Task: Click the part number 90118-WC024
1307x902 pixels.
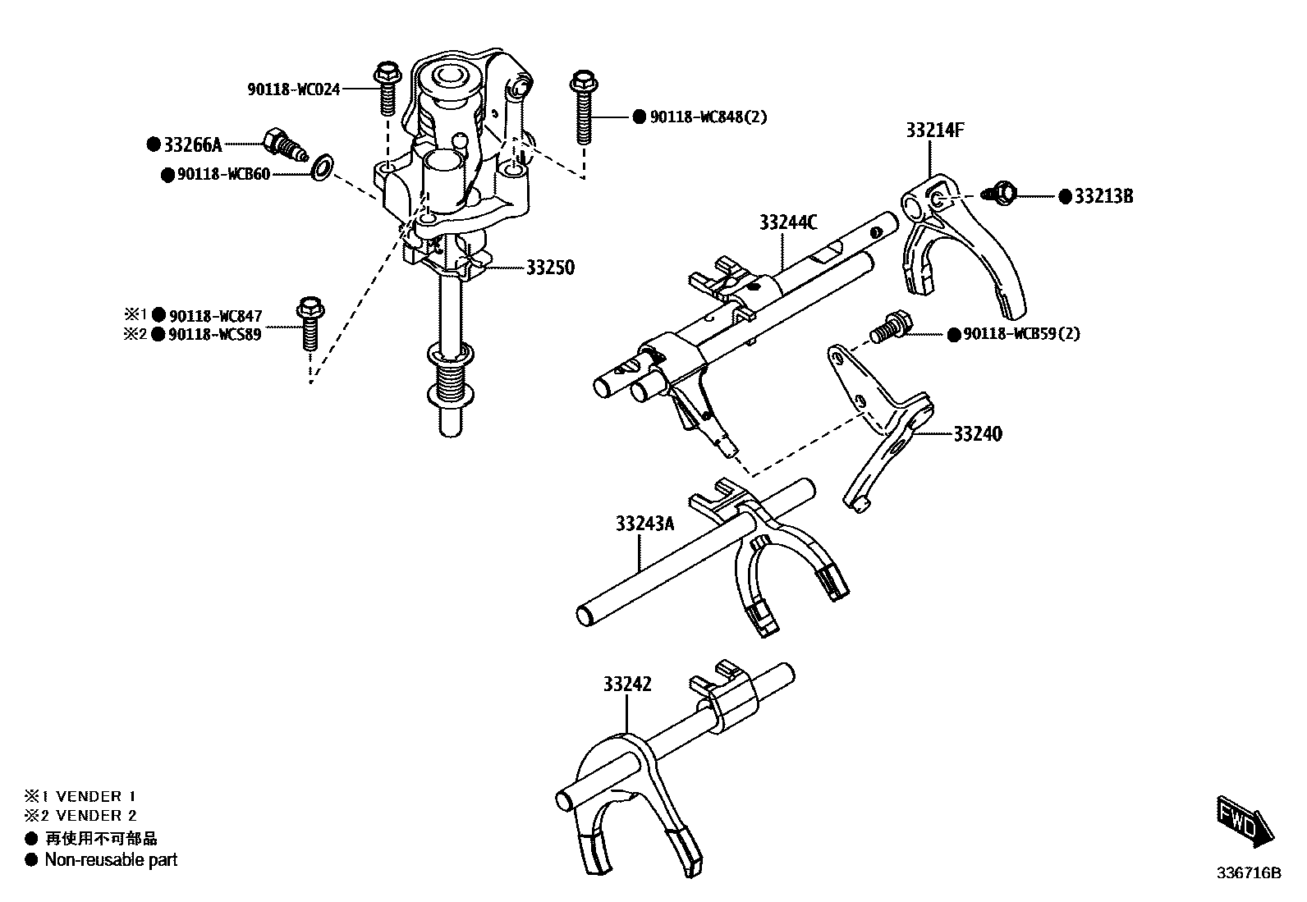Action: pyautogui.click(x=293, y=89)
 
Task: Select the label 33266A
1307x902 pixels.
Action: pyautogui.click(x=192, y=145)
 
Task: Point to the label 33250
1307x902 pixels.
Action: pyautogui.click(x=549, y=268)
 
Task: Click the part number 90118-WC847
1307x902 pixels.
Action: pyautogui.click(x=215, y=316)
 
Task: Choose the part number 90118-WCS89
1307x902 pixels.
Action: pyautogui.click(x=215, y=335)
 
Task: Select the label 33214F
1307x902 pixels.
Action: pyautogui.click(x=935, y=130)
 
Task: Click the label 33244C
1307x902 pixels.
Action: pyautogui.click(x=788, y=222)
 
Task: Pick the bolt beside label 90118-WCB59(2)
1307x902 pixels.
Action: pyautogui.click(x=890, y=329)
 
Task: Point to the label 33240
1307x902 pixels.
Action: pyautogui.click(x=977, y=433)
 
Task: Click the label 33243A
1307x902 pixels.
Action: pyautogui.click(x=644, y=524)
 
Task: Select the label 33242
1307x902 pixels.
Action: pyautogui.click(x=627, y=684)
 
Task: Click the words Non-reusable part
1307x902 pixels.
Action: pyautogui.click(x=111, y=860)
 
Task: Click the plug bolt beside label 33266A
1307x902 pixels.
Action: pyautogui.click(x=283, y=146)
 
